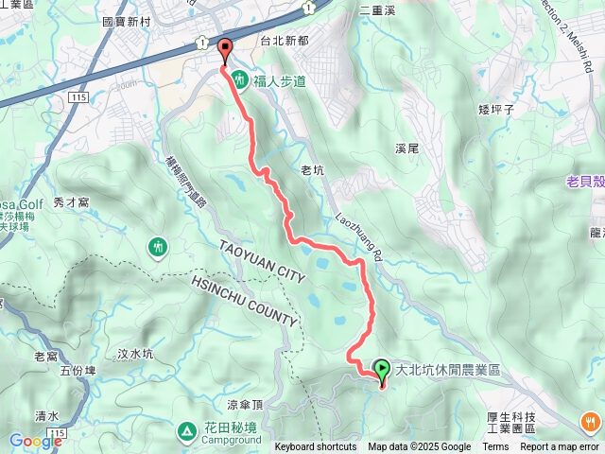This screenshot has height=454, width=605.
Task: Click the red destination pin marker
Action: [x=225, y=50]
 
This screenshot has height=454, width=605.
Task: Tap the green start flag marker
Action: [x=382, y=370]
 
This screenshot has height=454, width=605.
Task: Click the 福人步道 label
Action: [x=281, y=81]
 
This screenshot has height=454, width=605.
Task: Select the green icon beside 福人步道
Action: [x=240, y=81]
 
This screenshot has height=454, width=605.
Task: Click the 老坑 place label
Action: [x=312, y=170]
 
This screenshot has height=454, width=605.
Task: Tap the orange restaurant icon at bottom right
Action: [x=590, y=423]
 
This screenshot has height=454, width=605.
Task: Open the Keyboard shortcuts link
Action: [x=316, y=447]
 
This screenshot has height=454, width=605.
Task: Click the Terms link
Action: [x=495, y=447]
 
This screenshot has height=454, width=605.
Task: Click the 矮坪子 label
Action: [x=495, y=110]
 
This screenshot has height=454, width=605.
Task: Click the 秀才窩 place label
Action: [x=71, y=201]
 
